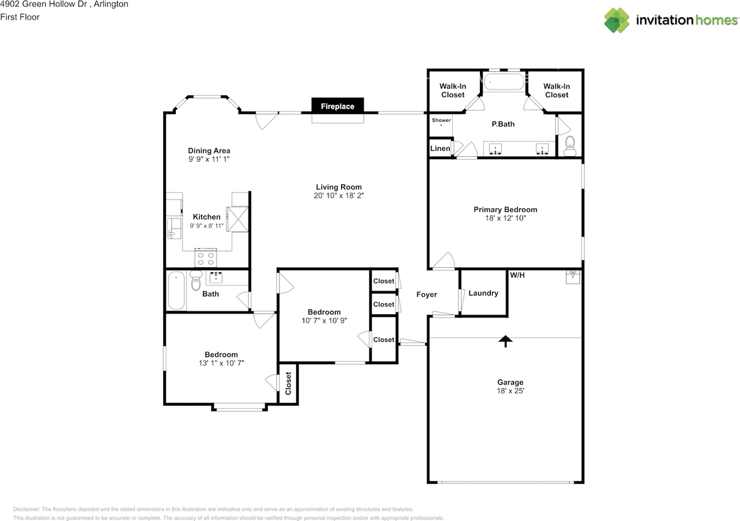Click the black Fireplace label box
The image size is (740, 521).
point(338,106)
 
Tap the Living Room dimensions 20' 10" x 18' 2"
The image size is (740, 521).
point(339,195)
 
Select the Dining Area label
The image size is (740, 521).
point(209,151)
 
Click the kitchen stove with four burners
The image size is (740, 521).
point(205,258)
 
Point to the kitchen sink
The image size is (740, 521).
point(174,228)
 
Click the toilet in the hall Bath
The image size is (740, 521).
point(196,280)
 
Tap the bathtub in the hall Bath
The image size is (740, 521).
point(176,291)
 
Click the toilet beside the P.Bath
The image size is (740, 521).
point(570,146)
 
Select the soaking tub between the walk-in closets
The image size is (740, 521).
point(504,82)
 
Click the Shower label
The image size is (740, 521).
point(441,120)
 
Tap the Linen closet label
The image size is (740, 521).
point(440,149)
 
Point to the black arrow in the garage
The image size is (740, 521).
point(505,342)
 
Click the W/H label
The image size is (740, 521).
point(517,275)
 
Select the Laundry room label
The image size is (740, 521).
point(483,293)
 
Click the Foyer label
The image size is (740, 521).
point(427,294)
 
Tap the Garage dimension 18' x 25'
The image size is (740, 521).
point(510,391)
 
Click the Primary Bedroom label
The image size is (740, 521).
point(505,209)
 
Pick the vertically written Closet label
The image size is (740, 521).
point(288,383)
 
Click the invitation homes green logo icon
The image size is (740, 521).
point(617,20)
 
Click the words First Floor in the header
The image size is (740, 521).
point(20,17)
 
